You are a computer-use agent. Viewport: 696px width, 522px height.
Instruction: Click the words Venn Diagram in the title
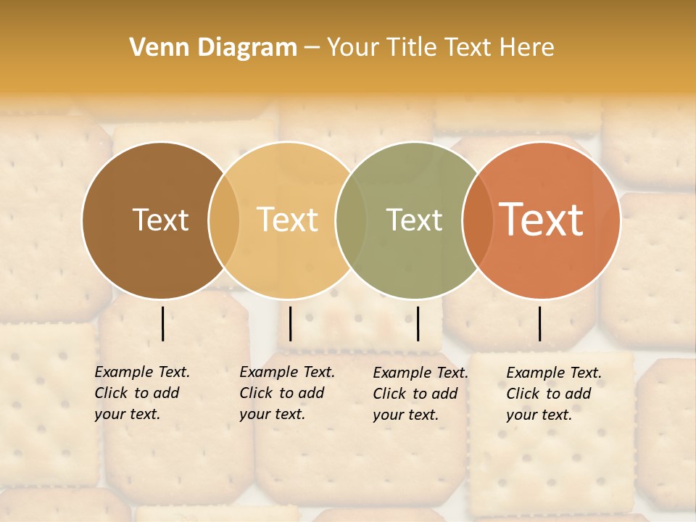tap(213, 48)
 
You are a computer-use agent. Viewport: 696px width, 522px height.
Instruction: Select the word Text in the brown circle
tap(161, 220)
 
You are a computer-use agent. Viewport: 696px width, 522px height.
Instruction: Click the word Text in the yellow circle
tap(287, 220)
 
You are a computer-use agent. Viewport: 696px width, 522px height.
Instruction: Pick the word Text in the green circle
tap(414, 220)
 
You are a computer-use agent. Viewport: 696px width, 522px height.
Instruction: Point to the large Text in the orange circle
tap(541, 220)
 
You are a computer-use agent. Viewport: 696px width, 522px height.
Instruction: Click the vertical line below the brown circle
tap(162, 323)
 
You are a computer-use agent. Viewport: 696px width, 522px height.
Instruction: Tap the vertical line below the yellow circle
tap(290, 323)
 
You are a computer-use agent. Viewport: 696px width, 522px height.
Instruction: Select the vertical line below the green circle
tap(418, 323)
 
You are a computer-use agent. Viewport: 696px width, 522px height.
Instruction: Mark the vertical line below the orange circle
tap(540, 323)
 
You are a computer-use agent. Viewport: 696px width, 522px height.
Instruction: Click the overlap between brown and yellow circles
tap(224, 220)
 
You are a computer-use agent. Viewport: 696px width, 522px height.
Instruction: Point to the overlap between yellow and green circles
tap(351, 220)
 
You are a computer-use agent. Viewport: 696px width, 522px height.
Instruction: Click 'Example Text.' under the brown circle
tap(142, 372)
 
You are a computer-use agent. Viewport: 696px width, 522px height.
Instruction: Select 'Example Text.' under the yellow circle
tap(287, 372)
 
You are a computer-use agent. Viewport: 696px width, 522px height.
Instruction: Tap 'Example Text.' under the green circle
tap(420, 373)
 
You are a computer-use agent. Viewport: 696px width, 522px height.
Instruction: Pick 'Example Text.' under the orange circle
tap(554, 373)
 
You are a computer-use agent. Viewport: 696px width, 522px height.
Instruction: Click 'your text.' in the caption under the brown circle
tap(127, 414)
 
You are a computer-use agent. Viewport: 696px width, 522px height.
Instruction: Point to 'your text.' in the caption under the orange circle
tap(539, 415)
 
